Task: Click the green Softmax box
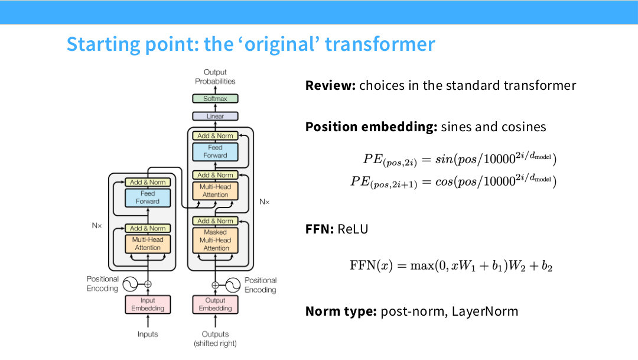click(x=215, y=99)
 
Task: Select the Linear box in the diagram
click(x=215, y=116)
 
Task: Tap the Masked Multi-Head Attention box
click(x=215, y=240)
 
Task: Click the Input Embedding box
click(x=148, y=304)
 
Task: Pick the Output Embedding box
click(x=215, y=304)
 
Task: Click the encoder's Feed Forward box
click(x=148, y=197)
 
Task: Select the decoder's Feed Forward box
click(x=215, y=151)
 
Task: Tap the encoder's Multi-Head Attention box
click(x=148, y=244)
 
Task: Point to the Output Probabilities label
click(x=215, y=77)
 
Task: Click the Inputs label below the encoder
click(x=148, y=335)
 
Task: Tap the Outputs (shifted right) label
click(x=215, y=339)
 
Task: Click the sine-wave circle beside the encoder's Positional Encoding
click(x=130, y=284)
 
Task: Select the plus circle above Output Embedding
click(x=215, y=285)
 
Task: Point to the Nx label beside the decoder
click(x=265, y=202)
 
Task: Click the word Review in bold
click(x=330, y=86)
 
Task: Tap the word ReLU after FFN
click(x=353, y=229)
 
